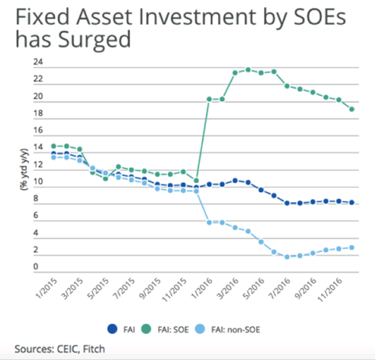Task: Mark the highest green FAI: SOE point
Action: tap(248, 69)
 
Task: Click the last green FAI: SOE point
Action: tap(352, 109)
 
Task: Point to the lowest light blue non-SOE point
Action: tap(287, 257)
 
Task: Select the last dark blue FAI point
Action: tap(352, 203)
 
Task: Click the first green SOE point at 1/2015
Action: tap(53, 146)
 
